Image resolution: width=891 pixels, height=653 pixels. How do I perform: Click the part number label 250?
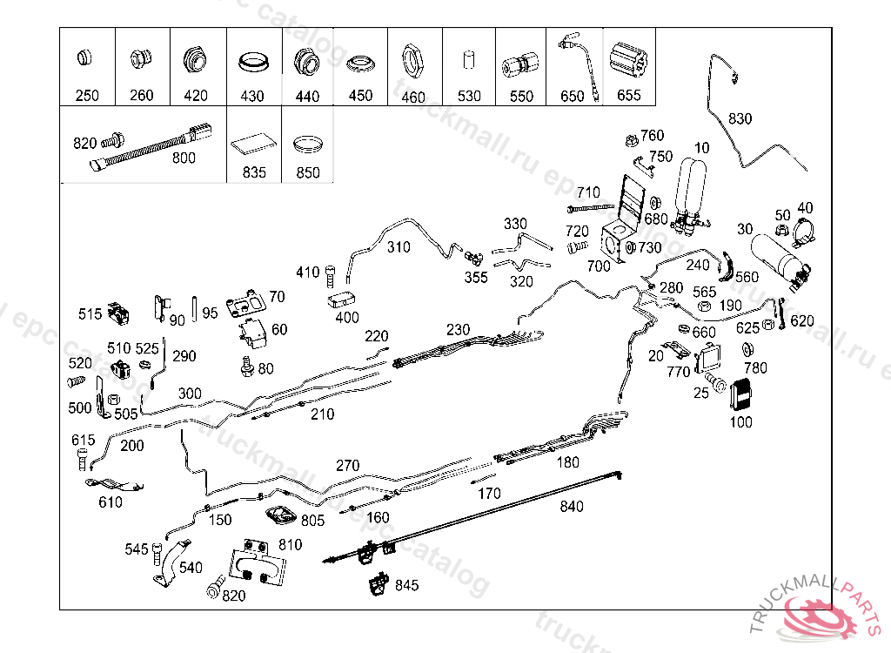87,96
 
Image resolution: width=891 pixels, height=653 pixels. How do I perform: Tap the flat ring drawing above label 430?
252,64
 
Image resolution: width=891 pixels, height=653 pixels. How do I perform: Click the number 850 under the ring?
307,172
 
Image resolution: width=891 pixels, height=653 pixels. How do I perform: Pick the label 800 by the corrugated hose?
184,158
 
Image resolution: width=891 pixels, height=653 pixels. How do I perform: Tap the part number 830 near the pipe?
740,118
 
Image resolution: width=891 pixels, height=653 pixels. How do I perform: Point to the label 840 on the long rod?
572,506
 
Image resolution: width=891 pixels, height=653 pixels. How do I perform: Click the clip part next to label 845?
378,586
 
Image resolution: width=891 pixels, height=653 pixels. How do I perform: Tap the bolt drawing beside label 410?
331,274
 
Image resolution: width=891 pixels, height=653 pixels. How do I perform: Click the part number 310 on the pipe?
399,247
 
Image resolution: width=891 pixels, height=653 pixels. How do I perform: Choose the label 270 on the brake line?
346,466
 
